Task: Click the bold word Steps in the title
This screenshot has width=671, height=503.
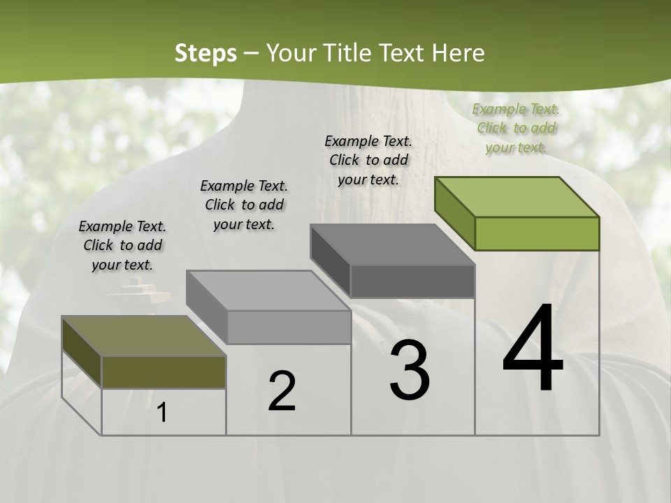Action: (x=205, y=53)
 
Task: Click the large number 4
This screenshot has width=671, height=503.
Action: (x=533, y=349)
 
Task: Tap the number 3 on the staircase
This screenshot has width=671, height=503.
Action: (x=410, y=370)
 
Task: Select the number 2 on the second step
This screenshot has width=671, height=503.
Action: (x=282, y=391)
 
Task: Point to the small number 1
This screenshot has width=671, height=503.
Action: (x=162, y=412)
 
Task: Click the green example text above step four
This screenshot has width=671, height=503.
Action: (x=516, y=128)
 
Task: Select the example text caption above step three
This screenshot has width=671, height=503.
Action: (x=368, y=160)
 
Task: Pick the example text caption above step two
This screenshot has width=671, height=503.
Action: (x=244, y=205)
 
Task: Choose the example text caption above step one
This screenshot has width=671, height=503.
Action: (x=122, y=245)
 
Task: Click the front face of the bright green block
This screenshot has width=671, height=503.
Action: (x=537, y=233)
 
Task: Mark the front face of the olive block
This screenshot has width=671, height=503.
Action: (x=164, y=372)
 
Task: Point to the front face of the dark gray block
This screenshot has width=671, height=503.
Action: (x=412, y=281)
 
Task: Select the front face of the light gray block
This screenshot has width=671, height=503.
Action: (x=289, y=327)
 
